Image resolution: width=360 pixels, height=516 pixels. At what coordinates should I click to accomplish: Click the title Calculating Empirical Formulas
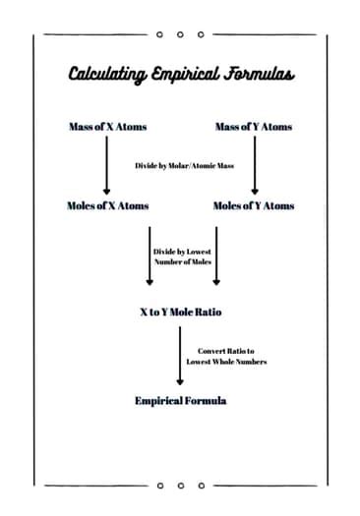point(180,75)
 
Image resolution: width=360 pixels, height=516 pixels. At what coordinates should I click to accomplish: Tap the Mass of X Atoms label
point(106,127)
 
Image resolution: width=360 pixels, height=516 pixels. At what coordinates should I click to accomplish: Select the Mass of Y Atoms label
point(253,127)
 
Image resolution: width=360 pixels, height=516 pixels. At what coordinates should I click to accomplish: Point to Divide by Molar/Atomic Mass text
point(180,165)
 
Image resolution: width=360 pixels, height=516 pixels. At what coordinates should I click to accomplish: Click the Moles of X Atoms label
point(106,206)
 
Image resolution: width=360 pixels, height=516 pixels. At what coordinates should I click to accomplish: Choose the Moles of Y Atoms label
point(253,206)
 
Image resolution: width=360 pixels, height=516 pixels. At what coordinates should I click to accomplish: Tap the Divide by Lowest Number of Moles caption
point(181,258)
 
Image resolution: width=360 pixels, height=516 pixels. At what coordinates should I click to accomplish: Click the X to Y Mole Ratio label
point(180,312)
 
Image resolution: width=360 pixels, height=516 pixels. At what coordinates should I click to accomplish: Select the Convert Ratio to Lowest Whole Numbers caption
point(226,356)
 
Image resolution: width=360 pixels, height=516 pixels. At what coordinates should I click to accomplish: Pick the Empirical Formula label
point(180,401)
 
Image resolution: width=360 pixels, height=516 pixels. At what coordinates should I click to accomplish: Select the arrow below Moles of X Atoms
point(150,256)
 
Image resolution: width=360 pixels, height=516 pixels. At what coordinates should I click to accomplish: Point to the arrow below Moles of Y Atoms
point(215,256)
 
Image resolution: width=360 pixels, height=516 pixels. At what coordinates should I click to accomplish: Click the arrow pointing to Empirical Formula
point(181,356)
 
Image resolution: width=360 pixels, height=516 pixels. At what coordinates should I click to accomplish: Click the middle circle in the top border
point(180,34)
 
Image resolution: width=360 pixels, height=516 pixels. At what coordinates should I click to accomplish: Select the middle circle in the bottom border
point(180,485)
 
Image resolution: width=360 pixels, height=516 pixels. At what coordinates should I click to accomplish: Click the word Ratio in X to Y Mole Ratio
point(208,312)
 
